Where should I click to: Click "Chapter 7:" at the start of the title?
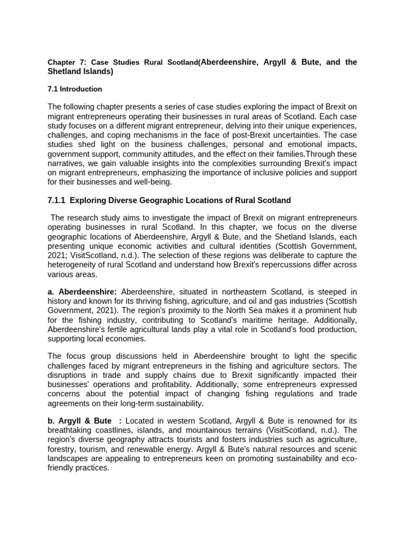[x=64, y=63]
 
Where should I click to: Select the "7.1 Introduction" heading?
[x=75, y=89]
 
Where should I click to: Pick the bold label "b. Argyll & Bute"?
[x=80, y=421]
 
